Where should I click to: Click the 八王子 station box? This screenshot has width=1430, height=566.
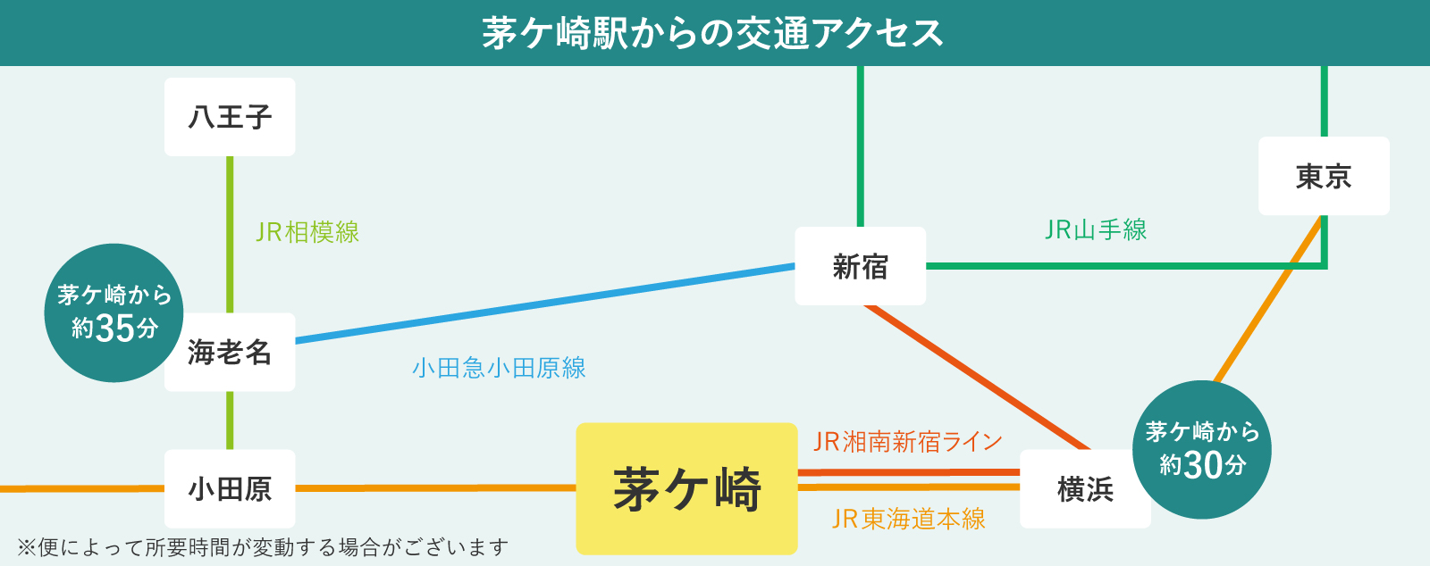(230, 117)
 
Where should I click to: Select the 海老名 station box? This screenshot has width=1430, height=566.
(230, 352)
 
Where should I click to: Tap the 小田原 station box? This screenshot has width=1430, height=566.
(230, 488)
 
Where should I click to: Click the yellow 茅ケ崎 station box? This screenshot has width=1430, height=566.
(686, 488)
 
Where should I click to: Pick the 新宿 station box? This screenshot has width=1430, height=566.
(860, 266)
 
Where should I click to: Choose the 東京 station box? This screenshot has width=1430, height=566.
(1324, 176)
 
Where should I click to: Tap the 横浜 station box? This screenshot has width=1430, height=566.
(1085, 488)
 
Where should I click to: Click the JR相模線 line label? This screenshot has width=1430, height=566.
(307, 232)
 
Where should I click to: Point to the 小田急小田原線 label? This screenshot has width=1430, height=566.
(499, 368)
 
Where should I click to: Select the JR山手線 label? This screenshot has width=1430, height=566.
(1096, 230)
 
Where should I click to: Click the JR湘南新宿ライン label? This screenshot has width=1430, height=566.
(907, 441)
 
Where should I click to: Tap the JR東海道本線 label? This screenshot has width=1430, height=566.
(908, 519)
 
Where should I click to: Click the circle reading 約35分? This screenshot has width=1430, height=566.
(114, 312)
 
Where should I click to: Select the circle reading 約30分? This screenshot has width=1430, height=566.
(1202, 449)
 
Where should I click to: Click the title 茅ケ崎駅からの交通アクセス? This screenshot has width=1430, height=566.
(713, 33)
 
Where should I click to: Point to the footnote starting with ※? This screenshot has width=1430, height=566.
(263, 546)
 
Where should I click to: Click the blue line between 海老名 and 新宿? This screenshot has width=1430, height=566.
(545, 304)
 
